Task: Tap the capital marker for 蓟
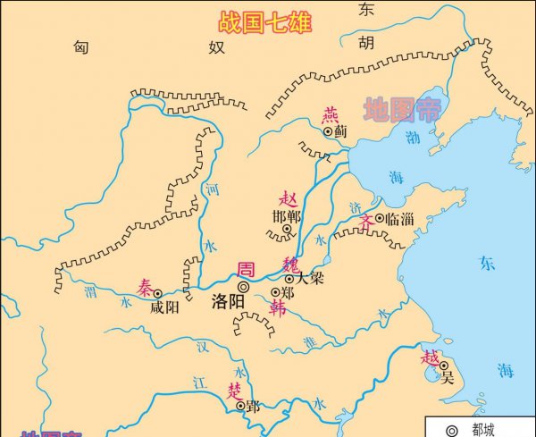point(328,130)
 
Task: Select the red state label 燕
point(331,113)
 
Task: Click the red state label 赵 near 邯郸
point(288,198)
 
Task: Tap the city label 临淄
point(400,218)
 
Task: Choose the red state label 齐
point(366,220)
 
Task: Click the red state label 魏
point(293,264)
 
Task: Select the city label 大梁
point(309,279)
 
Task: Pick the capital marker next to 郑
point(276,292)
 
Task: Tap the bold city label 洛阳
point(228,301)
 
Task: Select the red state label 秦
point(146,286)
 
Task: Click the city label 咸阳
point(165,307)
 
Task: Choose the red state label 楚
point(234,389)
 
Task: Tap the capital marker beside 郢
point(240,405)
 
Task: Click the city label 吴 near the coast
point(448,376)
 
